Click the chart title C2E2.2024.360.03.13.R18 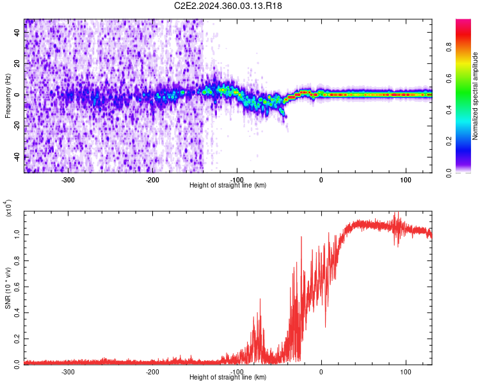point(228,6)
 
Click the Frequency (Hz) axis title point(7,95)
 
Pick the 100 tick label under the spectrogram point(406,179)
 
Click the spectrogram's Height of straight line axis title point(228,185)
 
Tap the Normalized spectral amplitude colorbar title point(476,96)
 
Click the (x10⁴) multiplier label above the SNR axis point(8,209)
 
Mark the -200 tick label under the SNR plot point(152,371)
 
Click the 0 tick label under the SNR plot point(321,371)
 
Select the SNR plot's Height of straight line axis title point(228,377)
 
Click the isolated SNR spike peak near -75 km point(260,299)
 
